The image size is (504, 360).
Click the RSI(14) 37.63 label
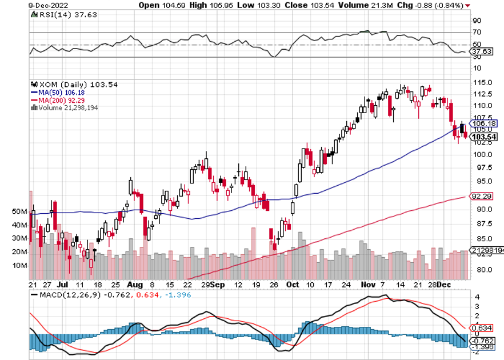tap(59, 16)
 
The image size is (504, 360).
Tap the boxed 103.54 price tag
tap(483, 137)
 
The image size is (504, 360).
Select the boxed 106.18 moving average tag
tap(483, 123)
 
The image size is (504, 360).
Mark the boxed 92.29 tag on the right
tap(482, 196)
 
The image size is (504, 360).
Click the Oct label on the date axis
tap(293, 283)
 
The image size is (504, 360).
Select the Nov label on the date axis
tap(366, 283)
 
